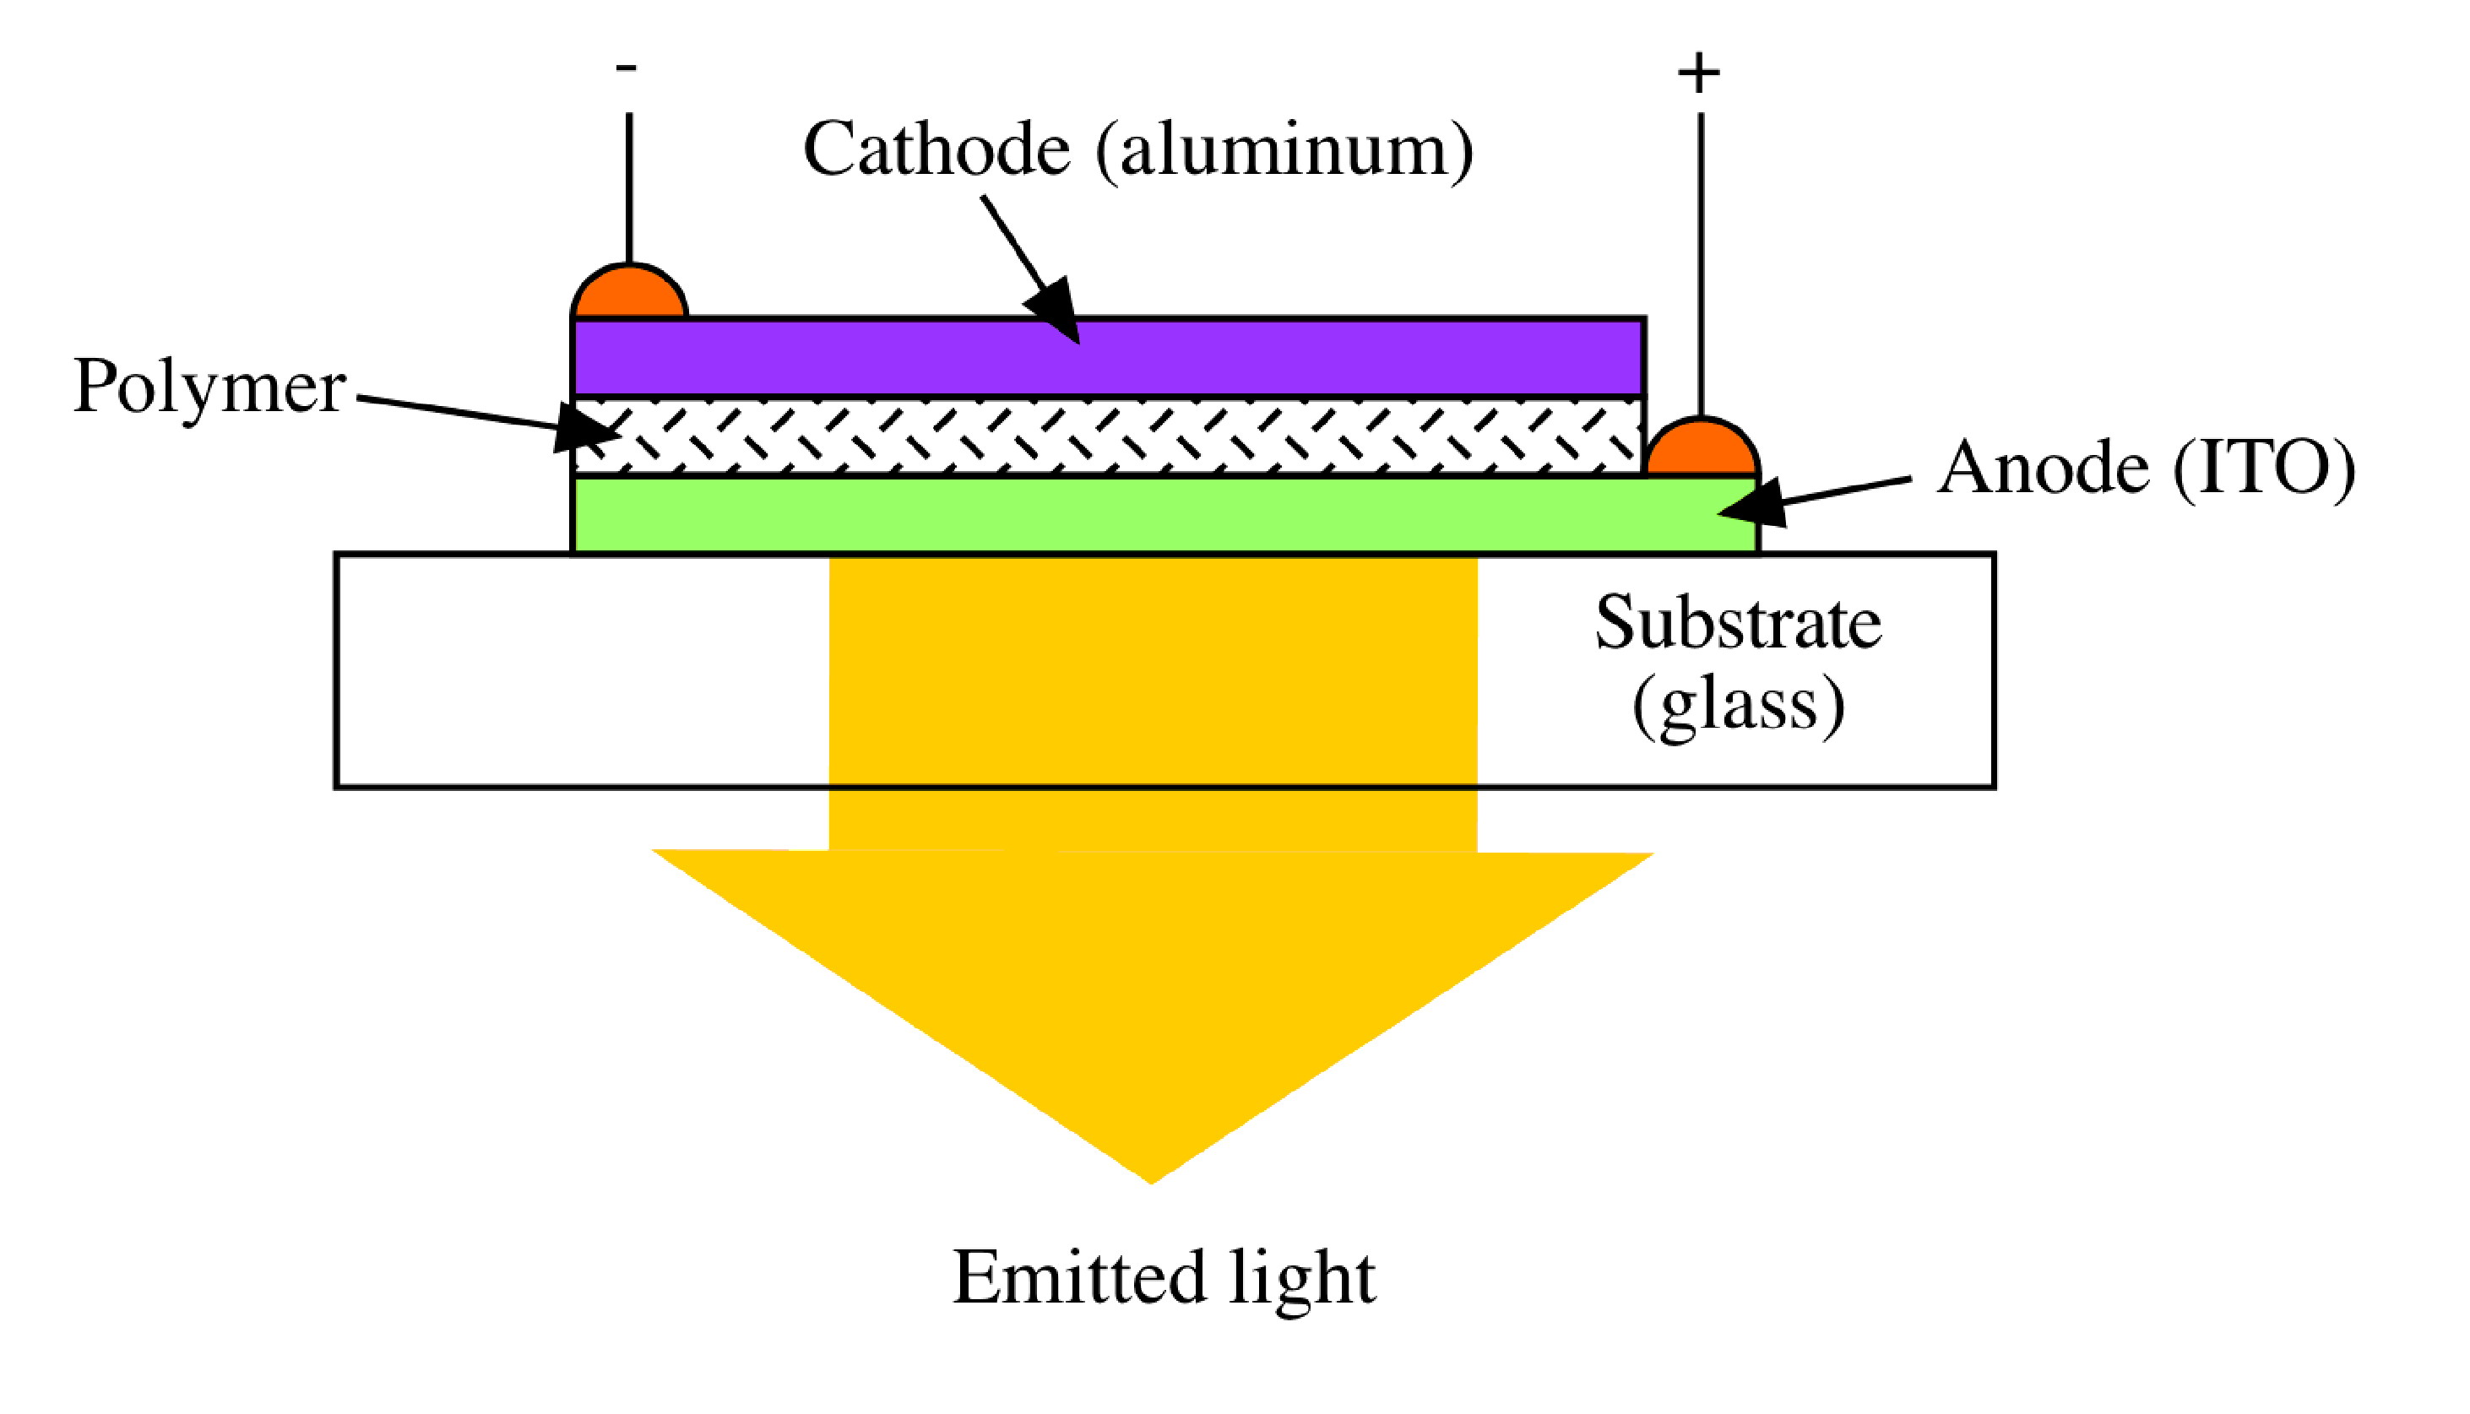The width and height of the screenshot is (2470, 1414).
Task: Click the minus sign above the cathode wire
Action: click(627, 67)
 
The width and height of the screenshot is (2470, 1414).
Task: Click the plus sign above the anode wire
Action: click(1699, 73)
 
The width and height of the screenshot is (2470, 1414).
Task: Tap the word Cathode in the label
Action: click(936, 150)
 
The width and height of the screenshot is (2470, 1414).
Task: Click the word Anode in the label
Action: click(2043, 469)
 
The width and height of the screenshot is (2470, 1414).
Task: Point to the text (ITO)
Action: click(2263, 469)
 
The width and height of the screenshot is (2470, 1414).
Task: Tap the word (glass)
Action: click(1738, 704)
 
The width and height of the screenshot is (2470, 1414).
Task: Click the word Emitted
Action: click(1078, 1277)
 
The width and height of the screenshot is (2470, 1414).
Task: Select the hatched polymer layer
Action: click(1107, 436)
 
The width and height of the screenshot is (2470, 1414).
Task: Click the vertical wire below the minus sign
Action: click(629, 185)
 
